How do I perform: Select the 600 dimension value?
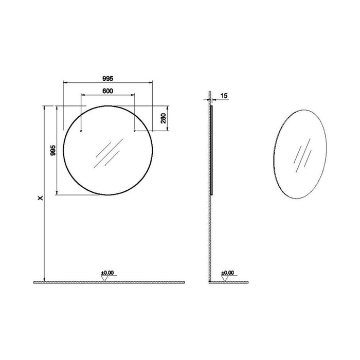[107, 91]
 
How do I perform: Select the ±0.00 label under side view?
[227, 273]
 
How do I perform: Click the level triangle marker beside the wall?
[225, 278]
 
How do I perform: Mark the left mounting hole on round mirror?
[81, 132]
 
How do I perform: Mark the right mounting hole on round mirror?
[134, 132]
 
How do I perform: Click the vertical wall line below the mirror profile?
[209, 237]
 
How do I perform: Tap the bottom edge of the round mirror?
[108, 195]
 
